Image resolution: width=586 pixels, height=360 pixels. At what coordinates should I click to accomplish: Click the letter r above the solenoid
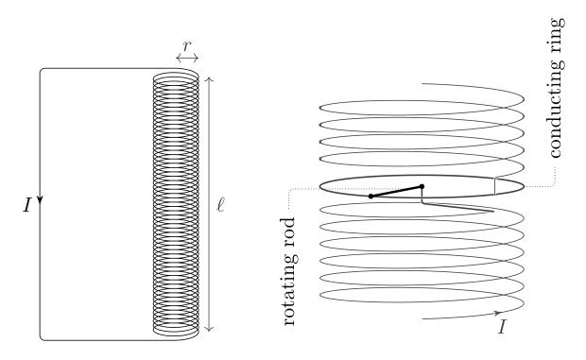(187, 46)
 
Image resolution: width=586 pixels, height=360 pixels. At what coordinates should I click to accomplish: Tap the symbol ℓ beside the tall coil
(221, 205)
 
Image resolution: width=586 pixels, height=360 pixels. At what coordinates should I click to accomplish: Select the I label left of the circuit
(26, 205)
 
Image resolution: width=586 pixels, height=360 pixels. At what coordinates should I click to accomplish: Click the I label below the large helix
(503, 327)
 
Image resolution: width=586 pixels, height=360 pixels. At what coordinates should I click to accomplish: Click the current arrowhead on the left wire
(41, 199)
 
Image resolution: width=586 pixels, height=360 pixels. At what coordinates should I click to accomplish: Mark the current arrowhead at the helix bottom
(497, 313)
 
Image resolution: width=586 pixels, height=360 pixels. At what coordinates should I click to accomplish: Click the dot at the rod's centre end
(422, 186)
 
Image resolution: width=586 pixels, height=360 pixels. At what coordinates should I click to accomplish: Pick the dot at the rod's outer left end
(371, 196)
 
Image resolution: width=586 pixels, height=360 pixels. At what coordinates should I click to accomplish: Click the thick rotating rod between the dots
(396, 191)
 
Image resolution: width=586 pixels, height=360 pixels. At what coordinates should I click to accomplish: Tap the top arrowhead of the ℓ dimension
(210, 78)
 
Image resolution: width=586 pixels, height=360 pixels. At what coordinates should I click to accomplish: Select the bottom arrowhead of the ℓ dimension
(210, 329)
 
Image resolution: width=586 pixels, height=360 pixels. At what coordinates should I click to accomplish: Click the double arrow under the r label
(187, 58)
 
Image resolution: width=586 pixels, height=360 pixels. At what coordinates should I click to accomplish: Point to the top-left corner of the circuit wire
(41, 69)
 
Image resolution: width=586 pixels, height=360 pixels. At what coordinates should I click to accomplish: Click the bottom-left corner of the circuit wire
(41, 339)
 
